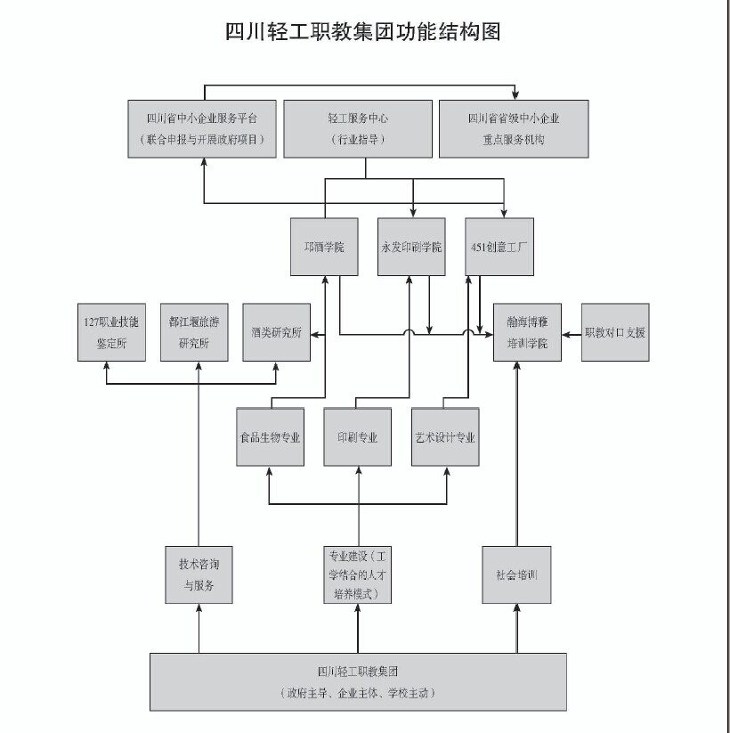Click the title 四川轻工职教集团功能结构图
click(x=363, y=33)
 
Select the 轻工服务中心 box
click(x=357, y=129)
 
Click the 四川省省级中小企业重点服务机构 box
click(x=514, y=129)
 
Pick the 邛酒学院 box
click(x=324, y=246)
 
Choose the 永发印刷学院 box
click(x=411, y=246)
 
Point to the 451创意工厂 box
click(x=499, y=246)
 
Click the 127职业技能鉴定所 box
click(x=111, y=331)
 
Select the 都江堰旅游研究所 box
click(x=194, y=331)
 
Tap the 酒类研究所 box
click(x=277, y=333)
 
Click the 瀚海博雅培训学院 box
click(x=527, y=331)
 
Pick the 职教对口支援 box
click(x=614, y=332)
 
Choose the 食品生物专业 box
click(x=271, y=437)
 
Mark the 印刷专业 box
click(x=357, y=437)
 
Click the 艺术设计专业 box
click(x=445, y=437)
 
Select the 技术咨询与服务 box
click(x=199, y=574)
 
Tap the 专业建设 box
click(x=357, y=574)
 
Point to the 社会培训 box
click(x=516, y=574)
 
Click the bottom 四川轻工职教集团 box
click(x=357, y=681)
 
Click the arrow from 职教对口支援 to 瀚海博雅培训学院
click(x=572, y=333)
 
